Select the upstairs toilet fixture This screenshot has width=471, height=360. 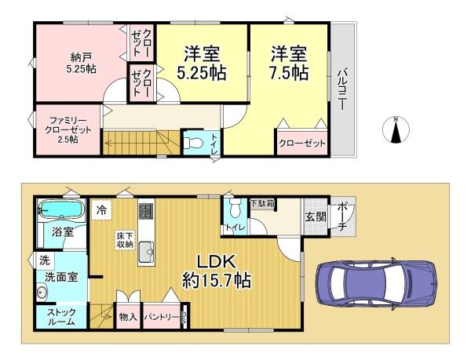coord(195,143)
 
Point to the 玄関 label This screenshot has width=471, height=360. coord(315,217)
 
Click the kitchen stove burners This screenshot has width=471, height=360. coord(146,212)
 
